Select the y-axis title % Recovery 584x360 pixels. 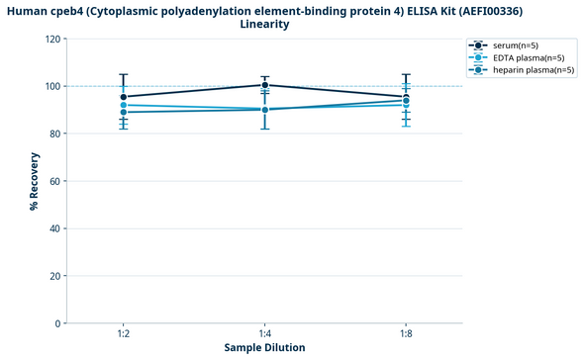coord(34,181)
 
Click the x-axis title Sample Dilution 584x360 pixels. coord(264,347)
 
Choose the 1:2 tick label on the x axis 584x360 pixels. coord(123,334)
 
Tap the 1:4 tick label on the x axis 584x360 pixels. coord(264,334)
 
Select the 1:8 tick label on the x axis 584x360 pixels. coord(406,334)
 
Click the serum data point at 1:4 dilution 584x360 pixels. coord(264,85)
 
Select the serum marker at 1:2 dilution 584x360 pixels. coord(123,97)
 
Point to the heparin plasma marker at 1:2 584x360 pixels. coord(123,112)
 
